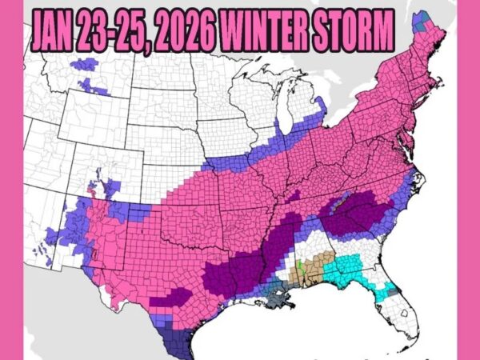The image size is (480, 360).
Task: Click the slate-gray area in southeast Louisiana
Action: (281, 298)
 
